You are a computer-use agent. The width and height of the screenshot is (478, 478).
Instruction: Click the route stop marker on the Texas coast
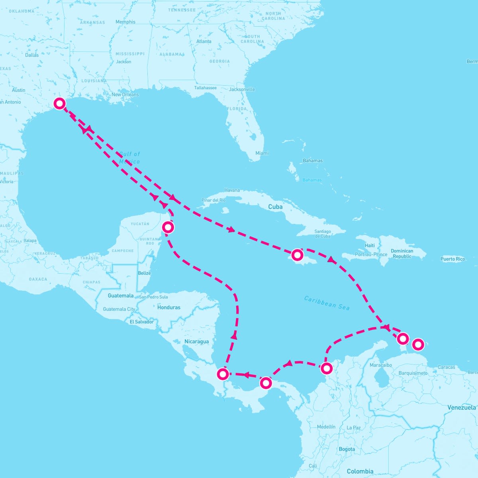tap(59, 104)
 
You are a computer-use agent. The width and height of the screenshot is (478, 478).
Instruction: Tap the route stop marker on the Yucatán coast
tap(168, 227)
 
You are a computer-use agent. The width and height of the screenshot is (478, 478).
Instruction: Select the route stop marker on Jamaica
tap(297, 255)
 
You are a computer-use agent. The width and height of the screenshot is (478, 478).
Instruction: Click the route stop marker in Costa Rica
tap(223, 374)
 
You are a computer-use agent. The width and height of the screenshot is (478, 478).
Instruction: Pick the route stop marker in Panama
tap(266, 383)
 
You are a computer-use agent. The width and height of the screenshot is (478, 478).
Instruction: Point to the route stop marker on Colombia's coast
tap(326, 368)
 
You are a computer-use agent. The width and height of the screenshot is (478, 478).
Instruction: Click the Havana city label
tap(232, 190)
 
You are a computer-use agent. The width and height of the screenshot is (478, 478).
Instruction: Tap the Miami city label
tap(262, 153)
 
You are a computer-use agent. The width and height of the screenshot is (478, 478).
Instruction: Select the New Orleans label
tap(125, 94)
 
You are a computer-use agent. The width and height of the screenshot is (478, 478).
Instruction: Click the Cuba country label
tap(275, 207)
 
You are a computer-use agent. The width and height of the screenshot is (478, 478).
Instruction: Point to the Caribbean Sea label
tap(327, 303)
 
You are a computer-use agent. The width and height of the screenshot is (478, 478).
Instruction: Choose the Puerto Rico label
tap(453, 259)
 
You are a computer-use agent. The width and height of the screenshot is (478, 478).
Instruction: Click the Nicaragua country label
tap(196, 341)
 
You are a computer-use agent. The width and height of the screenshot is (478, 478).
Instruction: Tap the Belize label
tap(144, 273)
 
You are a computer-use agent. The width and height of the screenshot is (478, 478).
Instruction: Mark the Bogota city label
tap(347, 449)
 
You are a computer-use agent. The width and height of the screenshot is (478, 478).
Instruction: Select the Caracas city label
tap(446, 367)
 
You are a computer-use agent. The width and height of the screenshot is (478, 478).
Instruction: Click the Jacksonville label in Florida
tap(242, 89)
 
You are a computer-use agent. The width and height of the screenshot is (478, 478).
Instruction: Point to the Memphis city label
tap(125, 22)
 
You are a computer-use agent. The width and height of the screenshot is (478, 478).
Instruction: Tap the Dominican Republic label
tap(402, 253)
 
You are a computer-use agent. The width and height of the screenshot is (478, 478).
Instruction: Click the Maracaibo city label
tap(381, 365)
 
